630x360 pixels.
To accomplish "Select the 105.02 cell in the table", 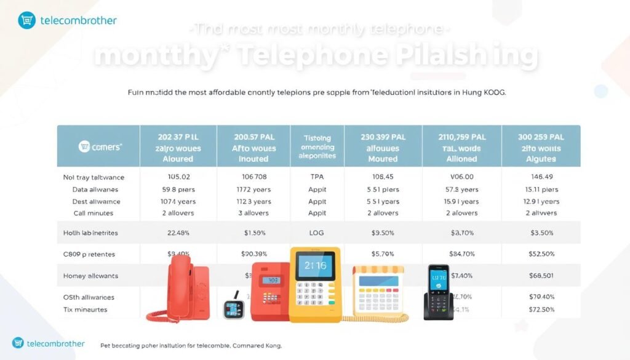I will point(178,177).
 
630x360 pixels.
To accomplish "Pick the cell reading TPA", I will point(317,177).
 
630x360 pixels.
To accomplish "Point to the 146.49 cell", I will point(541,177).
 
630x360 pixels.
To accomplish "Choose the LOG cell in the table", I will point(317,233).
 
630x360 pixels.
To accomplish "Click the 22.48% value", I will point(178,233).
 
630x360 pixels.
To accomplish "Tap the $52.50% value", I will point(541,254).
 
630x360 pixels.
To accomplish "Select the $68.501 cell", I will point(541,275).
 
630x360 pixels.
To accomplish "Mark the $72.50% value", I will point(541,309).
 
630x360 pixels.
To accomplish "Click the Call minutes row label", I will point(94,213).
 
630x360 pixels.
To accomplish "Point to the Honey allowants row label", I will point(90,276).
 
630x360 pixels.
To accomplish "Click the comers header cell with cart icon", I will point(99,147).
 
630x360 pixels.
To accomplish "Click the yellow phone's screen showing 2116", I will point(314,266).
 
